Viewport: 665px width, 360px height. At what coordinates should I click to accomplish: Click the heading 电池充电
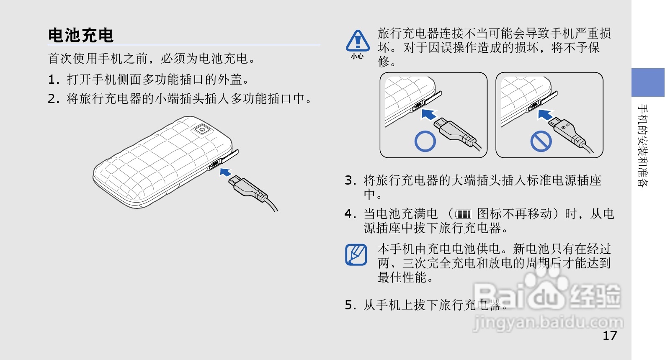[80, 35]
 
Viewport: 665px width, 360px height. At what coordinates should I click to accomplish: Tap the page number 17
[610, 336]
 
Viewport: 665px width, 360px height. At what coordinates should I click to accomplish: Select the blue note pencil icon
[356, 255]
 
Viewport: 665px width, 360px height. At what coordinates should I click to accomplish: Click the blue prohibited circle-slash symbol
[541, 141]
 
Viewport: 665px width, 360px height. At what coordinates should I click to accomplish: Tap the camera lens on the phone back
[202, 129]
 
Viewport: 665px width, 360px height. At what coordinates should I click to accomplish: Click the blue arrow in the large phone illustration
[225, 172]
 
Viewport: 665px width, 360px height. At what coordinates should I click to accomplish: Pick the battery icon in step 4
[463, 214]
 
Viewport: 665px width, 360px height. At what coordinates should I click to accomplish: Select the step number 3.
[351, 180]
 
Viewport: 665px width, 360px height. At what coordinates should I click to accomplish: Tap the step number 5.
[351, 305]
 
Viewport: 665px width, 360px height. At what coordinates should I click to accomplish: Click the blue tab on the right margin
[648, 82]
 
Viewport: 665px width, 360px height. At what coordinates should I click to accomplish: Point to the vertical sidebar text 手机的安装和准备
[643, 145]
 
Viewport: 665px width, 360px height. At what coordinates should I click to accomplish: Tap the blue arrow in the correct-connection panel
[429, 114]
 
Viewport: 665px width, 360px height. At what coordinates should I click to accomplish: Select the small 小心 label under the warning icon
[357, 56]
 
